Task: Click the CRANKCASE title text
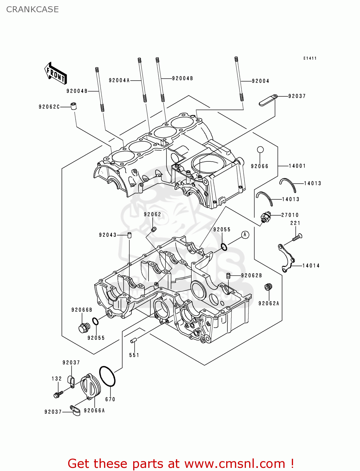(32, 9)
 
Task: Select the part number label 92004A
(119, 80)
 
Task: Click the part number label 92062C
(49, 107)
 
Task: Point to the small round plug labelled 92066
(260, 150)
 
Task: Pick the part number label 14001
(297, 166)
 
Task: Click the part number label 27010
(290, 215)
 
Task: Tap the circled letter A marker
(245, 235)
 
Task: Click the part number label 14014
(311, 266)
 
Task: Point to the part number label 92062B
(251, 275)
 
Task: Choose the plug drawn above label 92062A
(268, 287)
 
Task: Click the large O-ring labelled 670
(107, 376)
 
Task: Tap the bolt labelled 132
(58, 394)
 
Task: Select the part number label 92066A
(94, 410)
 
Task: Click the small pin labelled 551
(133, 340)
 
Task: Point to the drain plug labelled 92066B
(84, 328)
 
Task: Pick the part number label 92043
(107, 235)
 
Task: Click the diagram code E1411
(310, 58)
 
